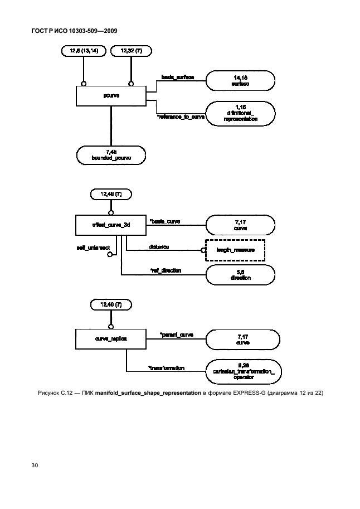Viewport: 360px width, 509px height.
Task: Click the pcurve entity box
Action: [111, 95]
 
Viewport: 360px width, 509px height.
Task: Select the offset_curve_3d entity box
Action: [111, 225]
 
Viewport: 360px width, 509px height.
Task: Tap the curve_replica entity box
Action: [111, 338]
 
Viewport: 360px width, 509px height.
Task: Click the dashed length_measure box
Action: [235, 250]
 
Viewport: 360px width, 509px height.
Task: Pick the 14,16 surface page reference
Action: [240, 80]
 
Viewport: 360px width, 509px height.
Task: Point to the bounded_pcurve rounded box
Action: [111, 154]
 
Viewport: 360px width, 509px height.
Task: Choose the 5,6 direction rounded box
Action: [240, 274]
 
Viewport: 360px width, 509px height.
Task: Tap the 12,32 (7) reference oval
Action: [130, 52]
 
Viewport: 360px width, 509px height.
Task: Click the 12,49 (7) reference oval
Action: [111, 195]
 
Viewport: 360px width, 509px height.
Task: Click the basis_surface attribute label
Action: [177, 76]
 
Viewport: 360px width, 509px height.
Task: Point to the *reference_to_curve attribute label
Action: [181, 117]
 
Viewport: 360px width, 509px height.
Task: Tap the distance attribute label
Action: [159, 246]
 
